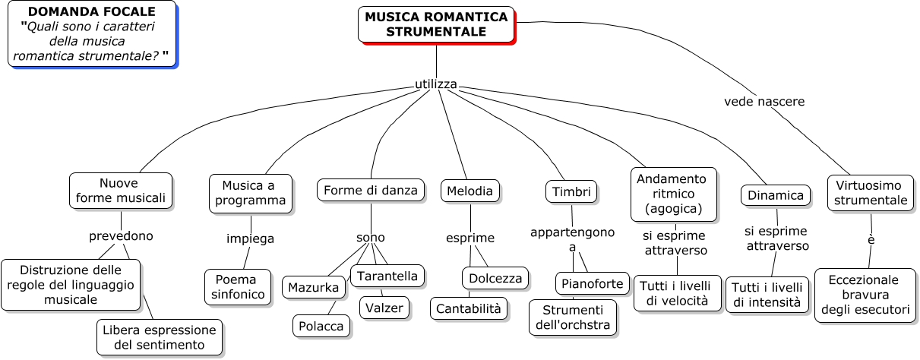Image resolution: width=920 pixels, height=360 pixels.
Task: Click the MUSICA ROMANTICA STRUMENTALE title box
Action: [436, 24]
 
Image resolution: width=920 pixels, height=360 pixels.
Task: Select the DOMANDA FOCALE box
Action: [91, 33]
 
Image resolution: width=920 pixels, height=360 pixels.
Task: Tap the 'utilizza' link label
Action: [436, 84]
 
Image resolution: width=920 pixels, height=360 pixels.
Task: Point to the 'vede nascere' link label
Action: [764, 101]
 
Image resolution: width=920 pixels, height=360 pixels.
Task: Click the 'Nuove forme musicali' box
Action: [120, 191]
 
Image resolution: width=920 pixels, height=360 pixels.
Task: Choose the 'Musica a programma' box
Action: [251, 193]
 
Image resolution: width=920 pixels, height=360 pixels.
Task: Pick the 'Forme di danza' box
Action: [371, 190]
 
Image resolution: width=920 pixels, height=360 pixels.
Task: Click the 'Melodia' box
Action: [469, 191]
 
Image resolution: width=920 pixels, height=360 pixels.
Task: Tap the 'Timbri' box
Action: [571, 191]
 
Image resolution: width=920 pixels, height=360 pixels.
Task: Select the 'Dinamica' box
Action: [775, 195]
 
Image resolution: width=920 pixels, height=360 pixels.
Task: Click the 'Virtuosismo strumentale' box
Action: [871, 193]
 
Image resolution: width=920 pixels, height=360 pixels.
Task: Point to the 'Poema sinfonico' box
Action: [238, 286]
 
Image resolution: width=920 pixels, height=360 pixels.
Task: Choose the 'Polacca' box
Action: [322, 326]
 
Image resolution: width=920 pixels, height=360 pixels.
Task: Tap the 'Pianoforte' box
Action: [593, 283]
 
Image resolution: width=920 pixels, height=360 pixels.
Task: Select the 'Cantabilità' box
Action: [469, 308]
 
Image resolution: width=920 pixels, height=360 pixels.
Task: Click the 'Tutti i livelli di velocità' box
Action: [678, 293]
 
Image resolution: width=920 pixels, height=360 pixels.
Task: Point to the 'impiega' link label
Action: [250, 238]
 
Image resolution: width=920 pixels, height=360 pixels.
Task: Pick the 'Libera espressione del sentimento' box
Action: [160, 337]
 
